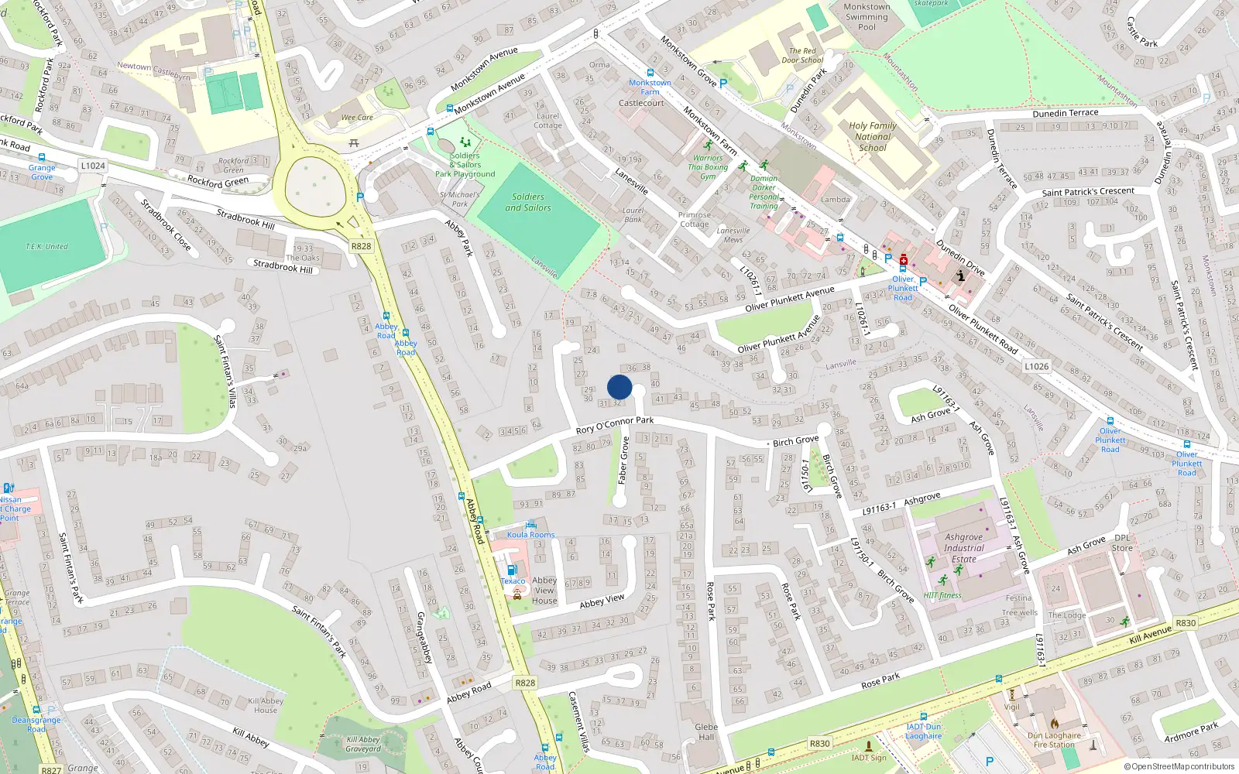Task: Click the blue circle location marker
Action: [619, 387]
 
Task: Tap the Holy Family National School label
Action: [873, 136]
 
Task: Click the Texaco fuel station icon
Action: [510, 570]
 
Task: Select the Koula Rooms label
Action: [530, 535]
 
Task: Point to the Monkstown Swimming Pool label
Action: [867, 16]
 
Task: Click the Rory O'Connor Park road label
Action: [615, 424]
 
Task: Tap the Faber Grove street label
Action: [623, 461]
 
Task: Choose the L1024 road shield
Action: [92, 166]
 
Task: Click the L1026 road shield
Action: [1036, 367]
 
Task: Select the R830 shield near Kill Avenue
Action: [1186, 622]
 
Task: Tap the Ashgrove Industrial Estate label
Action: [963, 547]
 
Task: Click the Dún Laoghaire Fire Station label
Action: [1054, 740]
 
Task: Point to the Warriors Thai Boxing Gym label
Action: [709, 166]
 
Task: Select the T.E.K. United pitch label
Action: [46, 247]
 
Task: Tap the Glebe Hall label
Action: [706, 731]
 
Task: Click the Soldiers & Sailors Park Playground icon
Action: [465, 142]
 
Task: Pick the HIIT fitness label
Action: [942, 595]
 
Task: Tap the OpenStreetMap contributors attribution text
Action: [1179, 767]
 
